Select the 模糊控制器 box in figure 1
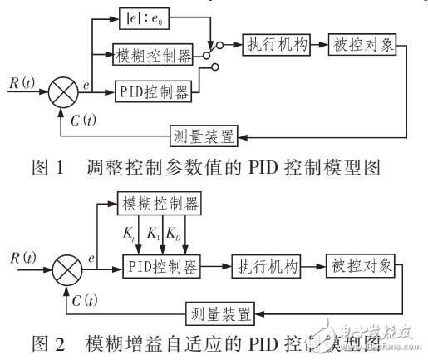point(155,57)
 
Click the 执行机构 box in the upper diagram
point(276,44)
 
